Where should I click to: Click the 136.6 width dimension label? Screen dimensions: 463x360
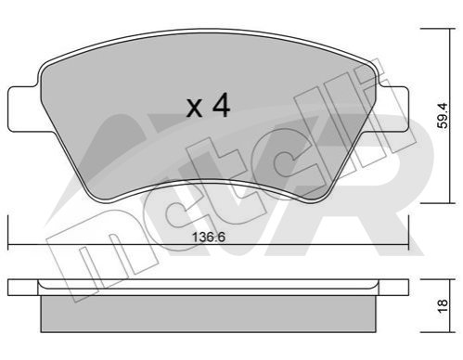(x=209, y=238)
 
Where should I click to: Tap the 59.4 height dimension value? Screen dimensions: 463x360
(x=443, y=116)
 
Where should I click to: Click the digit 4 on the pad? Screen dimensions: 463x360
(x=221, y=106)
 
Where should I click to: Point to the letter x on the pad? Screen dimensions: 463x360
(x=195, y=109)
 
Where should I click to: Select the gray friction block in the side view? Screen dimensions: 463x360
(x=209, y=314)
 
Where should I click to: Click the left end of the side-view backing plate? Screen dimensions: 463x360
(x=8, y=288)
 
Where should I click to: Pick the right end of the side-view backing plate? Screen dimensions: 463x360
(x=408, y=288)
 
